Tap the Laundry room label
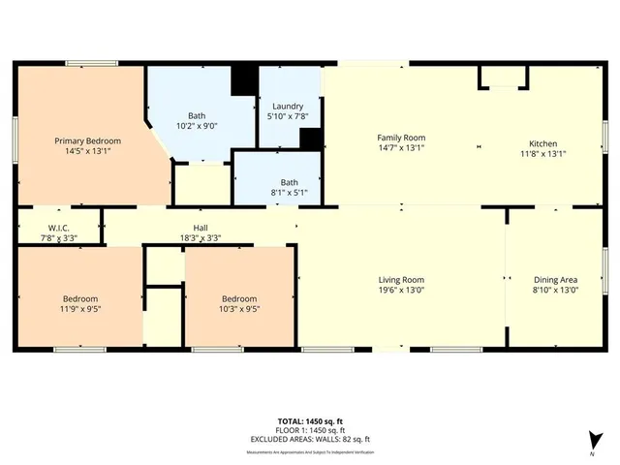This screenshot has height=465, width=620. coord(288,107)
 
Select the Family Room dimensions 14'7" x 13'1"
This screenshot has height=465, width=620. coord(401,152)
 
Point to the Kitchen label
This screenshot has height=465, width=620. coord(543,138)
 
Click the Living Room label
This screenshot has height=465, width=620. coord(401,279)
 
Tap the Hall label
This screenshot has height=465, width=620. coord(201,227)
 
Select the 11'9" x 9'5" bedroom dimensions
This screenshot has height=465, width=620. coord(80,309)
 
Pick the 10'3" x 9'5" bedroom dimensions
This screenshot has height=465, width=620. coord(239,309)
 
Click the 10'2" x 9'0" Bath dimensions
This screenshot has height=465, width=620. coord(197,125)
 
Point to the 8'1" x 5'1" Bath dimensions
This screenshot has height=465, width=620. coord(289,192)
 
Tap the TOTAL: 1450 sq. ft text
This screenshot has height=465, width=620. coord(310,420)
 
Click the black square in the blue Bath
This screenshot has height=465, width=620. coord(245,78)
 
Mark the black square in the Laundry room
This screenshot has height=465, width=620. coord(310,139)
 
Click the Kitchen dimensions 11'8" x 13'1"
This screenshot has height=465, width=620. coord(543,152)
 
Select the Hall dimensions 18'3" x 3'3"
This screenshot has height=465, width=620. coord(201,237)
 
